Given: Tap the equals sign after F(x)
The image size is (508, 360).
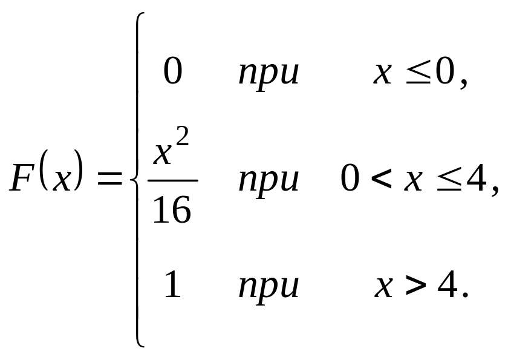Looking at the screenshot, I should tap(109, 179).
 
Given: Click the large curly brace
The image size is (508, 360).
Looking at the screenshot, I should tap(138, 180).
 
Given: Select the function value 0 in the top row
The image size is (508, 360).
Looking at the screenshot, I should tap(173, 73).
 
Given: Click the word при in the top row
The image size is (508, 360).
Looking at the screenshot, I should tap(269, 74).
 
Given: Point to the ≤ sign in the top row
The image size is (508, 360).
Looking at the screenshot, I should tap(417, 74).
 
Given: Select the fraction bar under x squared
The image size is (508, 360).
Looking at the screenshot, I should tap(172, 180).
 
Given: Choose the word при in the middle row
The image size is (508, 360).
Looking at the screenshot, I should tap(269, 180).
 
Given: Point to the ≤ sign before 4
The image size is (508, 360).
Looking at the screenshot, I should tap(448, 180).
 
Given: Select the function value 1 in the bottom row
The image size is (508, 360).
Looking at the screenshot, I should tap(173, 285).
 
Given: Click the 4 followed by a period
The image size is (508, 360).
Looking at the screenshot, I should tap(447, 285).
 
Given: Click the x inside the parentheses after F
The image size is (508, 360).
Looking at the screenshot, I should tap(62, 180).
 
